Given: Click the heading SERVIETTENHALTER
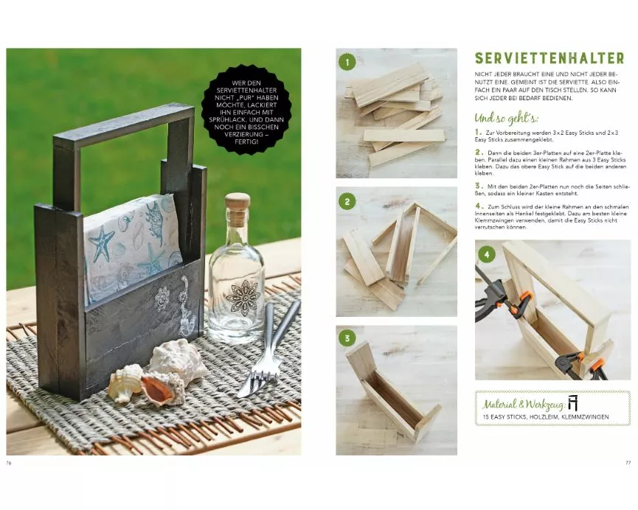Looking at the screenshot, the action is (x=549, y=58).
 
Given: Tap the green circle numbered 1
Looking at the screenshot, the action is (x=347, y=62).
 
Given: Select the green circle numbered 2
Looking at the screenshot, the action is (x=347, y=202).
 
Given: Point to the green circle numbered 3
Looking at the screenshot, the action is (x=347, y=338).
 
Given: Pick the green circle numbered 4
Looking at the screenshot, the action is (x=487, y=255).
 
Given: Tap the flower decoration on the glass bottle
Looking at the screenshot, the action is (x=243, y=298).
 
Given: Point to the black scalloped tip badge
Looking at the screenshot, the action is (x=246, y=112).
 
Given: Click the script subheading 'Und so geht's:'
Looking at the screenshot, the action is (x=506, y=119).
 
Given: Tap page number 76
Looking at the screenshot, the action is (x=9, y=463).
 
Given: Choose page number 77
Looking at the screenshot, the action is (x=628, y=462).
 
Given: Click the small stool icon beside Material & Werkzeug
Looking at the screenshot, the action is (x=573, y=402).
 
